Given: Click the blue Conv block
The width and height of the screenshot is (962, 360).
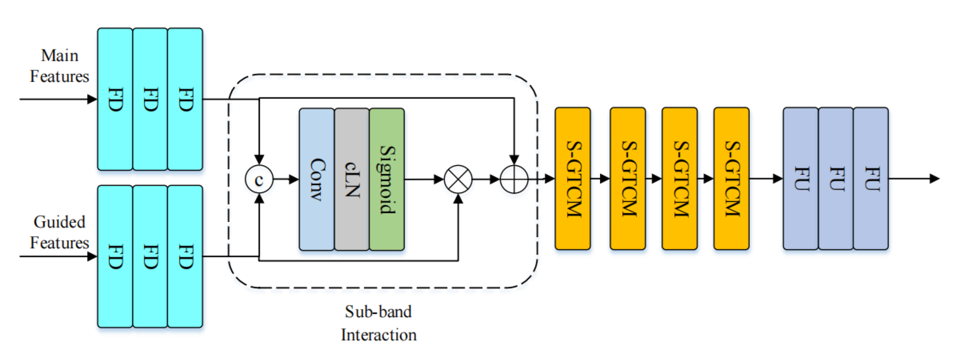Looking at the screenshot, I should coord(317,179).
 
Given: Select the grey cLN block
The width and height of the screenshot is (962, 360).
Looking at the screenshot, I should coord(352,179).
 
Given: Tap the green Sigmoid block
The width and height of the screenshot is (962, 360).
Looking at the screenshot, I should coord(387,179).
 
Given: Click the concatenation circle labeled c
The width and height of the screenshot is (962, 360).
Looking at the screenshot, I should coord(259,179).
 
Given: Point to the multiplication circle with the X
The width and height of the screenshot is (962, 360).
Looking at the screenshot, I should coord(458,179).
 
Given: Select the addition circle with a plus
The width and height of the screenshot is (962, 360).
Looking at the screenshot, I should coord(514,179).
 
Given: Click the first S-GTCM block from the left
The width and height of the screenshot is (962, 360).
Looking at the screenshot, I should coord(573,178).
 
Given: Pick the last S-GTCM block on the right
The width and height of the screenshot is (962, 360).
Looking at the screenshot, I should coord(732,178).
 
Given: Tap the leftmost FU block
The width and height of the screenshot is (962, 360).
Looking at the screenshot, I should coord(801,178).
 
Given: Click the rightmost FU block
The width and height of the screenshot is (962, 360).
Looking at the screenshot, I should coord(871,178).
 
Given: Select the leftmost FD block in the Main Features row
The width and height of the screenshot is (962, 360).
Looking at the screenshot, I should coord(115,99).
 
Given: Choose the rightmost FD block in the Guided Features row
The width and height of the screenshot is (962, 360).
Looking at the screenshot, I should coord(185,256).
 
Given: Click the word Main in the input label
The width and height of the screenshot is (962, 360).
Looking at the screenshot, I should coord(59,56).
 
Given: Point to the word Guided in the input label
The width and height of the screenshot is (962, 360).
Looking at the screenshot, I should coord(59,222).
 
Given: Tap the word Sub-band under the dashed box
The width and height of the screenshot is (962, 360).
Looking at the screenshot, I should coord(378,312).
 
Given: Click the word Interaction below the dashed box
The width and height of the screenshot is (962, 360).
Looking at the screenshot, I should coord(378,335).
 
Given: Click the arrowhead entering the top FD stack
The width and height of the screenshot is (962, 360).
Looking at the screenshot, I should coord(92,99).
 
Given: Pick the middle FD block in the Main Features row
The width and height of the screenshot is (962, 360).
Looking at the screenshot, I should coord(150,99).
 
